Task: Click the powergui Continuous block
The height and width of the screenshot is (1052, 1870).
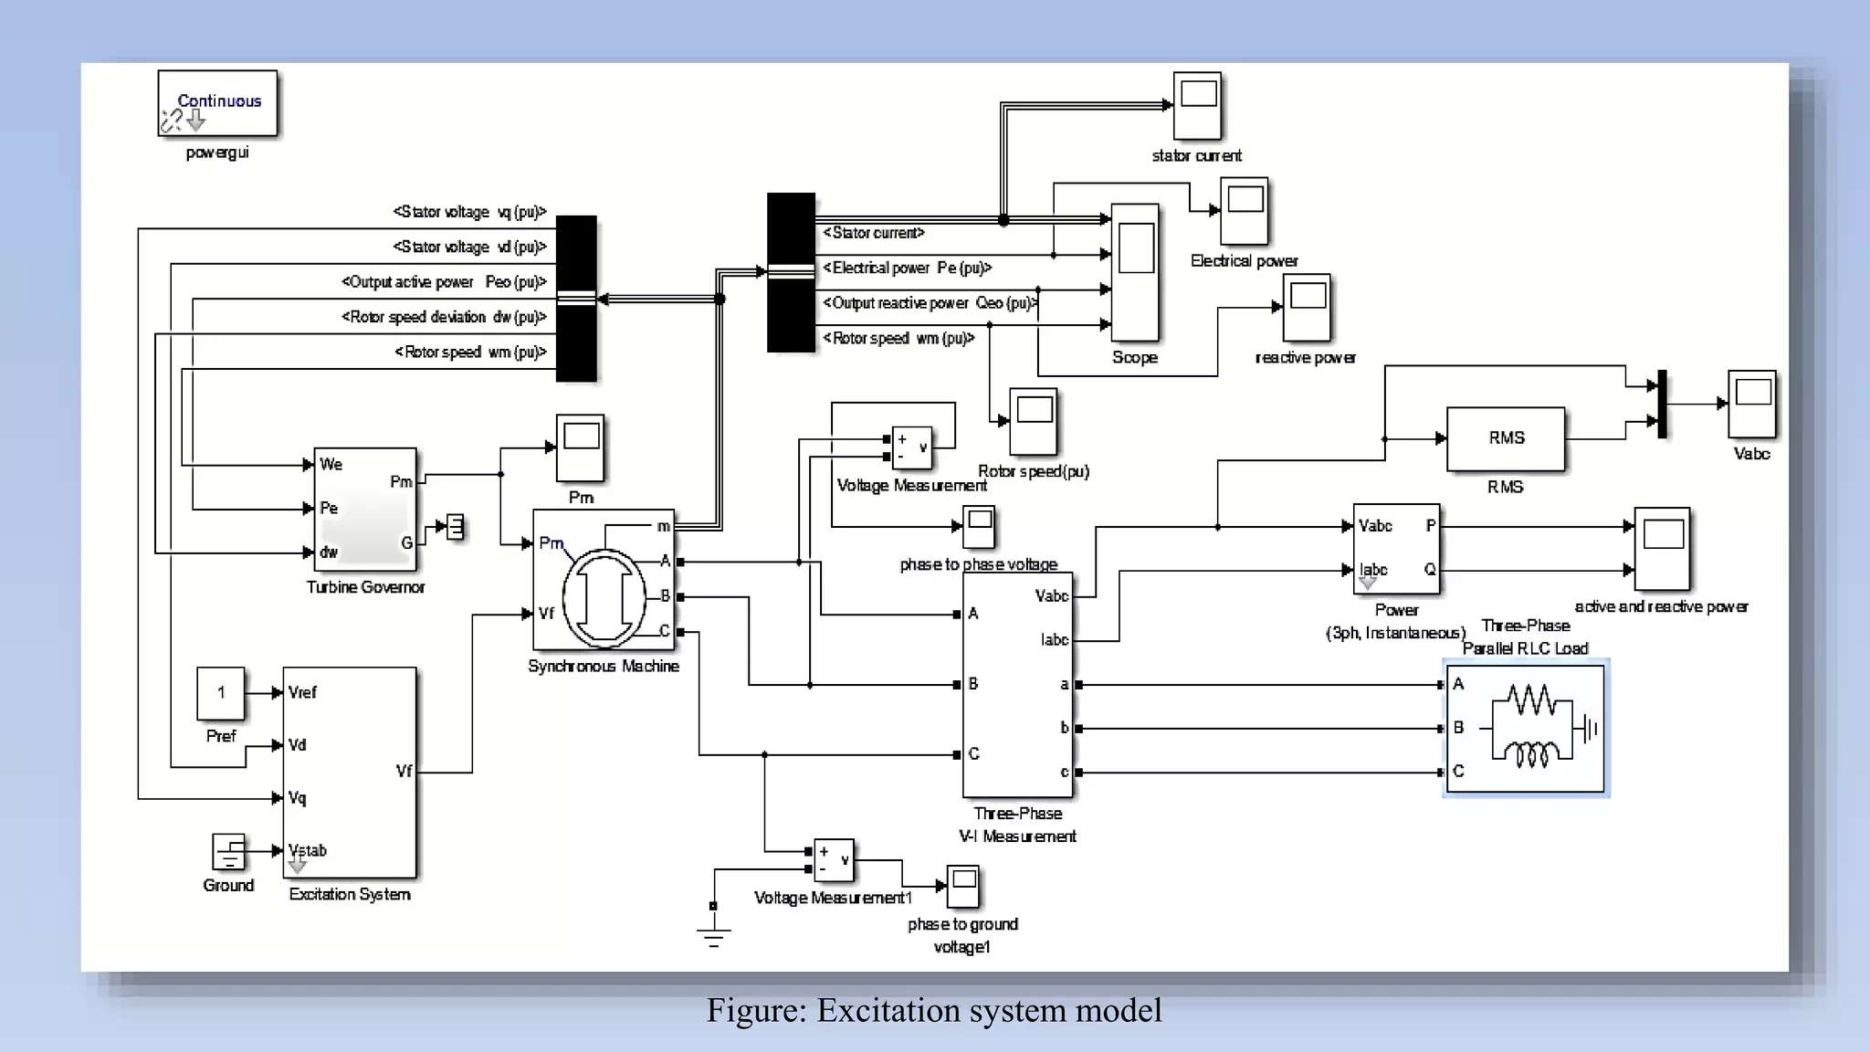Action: [x=217, y=103]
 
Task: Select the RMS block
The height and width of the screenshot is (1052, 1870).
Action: [x=1505, y=438]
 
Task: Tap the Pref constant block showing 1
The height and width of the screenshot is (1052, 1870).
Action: [x=221, y=693]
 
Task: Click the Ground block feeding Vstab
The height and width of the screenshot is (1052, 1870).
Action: [x=228, y=852]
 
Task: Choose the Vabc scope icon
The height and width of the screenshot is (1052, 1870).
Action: [x=1751, y=404]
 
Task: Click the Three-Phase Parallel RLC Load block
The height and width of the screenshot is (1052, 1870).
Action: [x=1525, y=728]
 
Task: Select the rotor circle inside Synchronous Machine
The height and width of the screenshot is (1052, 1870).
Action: [x=604, y=598]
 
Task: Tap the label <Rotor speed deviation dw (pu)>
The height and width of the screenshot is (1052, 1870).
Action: [x=444, y=317]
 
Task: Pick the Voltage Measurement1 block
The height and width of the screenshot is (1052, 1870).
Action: [x=833, y=859]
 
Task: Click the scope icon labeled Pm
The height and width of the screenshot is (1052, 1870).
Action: [x=581, y=447]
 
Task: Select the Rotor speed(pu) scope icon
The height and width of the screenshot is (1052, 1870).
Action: [x=1033, y=421]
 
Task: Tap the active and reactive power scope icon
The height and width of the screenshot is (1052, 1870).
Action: [x=1662, y=549]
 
